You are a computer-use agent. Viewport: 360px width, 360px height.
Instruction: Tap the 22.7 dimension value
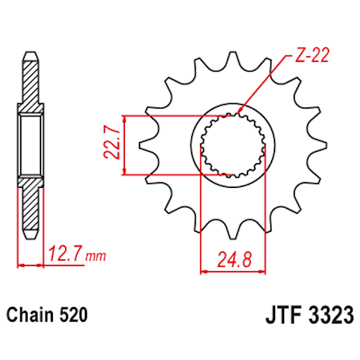[x=111, y=145]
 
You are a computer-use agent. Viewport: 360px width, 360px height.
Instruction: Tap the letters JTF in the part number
[x=281, y=315]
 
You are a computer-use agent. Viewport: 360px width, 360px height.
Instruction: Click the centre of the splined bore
[x=233, y=145]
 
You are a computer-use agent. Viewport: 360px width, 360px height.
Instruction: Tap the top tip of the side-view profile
[x=30, y=54]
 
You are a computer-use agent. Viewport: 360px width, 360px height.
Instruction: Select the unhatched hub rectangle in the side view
[x=30, y=145]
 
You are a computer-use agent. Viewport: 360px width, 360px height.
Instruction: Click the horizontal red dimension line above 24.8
[x=233, y=271]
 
